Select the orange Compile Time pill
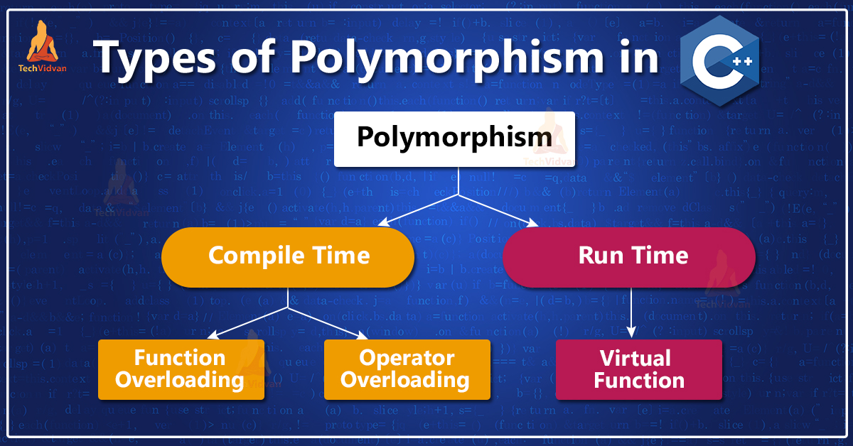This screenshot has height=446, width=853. pyautogui.click(x=288, y=256)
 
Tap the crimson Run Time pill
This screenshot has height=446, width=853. pyautogui.click(x=628, y=256)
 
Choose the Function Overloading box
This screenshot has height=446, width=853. pyautogui.click(x=181, y=369)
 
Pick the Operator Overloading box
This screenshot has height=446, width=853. pyautogui.click(x=407, y=369)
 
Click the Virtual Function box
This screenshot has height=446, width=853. pyautogui.click(x=638, y=369)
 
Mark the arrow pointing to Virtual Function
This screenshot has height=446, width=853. pyautogui.click(x=632, y=312)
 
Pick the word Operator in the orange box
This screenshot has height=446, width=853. pyautogui.click(x=407, y=358)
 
